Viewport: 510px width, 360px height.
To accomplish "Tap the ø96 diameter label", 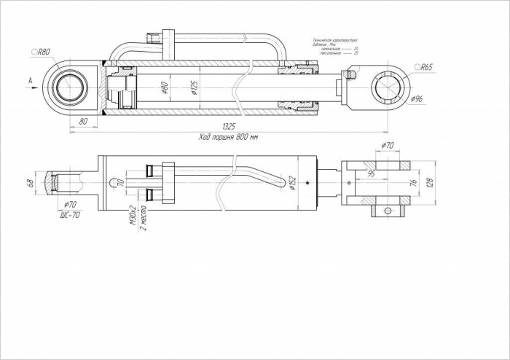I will click(417, 98).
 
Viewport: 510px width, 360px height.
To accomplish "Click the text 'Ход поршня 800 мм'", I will click(228, 136).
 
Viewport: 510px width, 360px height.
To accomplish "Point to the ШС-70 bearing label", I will click(70, 214).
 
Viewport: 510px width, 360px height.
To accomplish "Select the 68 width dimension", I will click(31, 182).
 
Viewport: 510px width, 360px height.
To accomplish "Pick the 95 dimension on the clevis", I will click(372, 174).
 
